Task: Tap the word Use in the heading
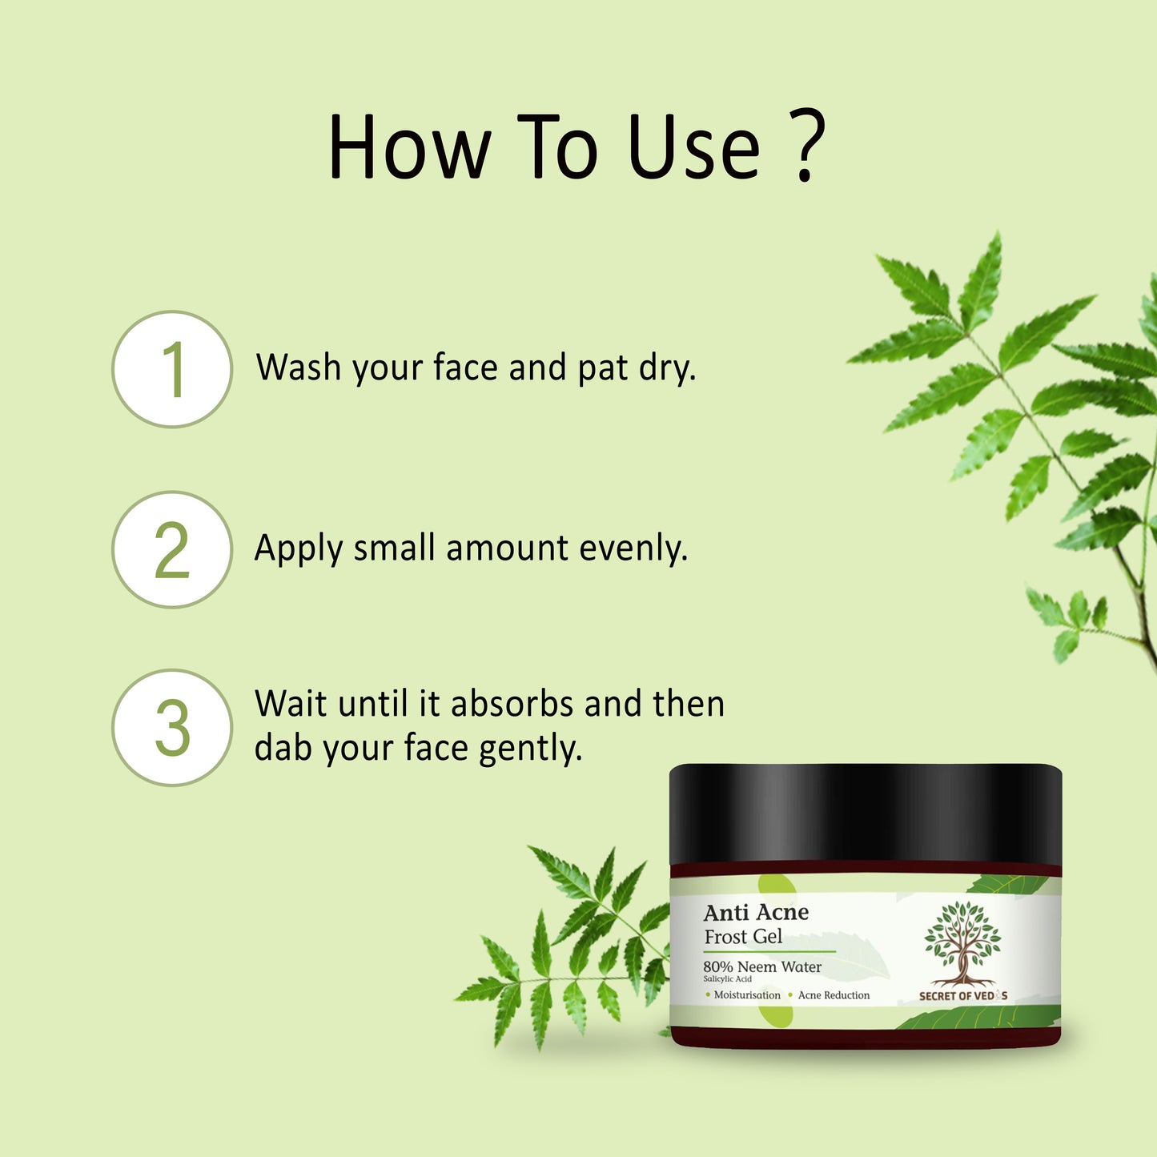tap(693, 149)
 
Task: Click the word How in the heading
tap(409, 149)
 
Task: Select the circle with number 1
tap(172, 369)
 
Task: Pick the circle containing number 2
tap(172, 549)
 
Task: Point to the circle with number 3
tap(172, 727)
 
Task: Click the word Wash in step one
tap(298, 368)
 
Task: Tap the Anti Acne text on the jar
tap(756, 913)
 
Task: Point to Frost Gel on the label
tap(743, 937)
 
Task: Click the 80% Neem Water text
tap(762, 966)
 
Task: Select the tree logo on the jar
tap(962, 943)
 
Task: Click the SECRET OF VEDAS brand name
tap(962, 996)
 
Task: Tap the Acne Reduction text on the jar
tap(833, 995)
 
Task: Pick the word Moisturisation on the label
tap(746, 995)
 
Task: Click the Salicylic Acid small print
tap(727, 979)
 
